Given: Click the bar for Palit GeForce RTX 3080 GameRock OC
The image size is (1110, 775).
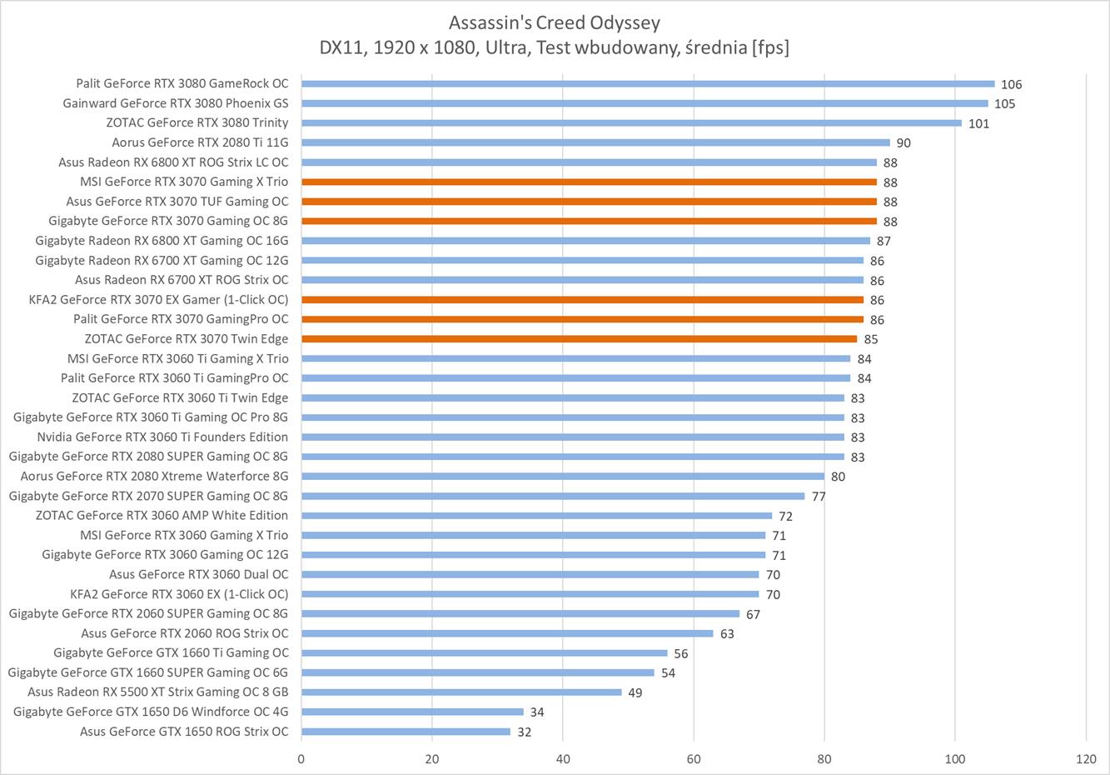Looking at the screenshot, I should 648,83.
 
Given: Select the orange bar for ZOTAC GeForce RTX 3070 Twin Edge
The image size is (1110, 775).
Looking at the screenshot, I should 579,339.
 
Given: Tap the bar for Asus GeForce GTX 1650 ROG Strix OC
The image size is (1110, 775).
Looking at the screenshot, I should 406,732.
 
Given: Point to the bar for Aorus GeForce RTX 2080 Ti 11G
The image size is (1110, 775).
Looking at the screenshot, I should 595,142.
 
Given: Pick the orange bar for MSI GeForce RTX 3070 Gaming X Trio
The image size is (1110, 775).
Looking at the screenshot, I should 589,182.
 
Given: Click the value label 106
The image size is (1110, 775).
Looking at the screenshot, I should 1011,84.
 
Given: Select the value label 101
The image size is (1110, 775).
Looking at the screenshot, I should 978,123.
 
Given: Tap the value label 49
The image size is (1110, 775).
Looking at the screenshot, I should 635,692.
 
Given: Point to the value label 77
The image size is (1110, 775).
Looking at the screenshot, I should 819,496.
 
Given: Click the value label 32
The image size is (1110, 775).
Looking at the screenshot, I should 524,732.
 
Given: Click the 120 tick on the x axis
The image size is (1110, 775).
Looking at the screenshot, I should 1086,759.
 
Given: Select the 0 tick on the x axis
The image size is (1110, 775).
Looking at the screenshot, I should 301,759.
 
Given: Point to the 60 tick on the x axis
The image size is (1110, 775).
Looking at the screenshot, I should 694,759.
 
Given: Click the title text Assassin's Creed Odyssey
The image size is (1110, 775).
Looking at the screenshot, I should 554,22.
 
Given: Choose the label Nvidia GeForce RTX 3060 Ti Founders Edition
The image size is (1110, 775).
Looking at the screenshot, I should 162,437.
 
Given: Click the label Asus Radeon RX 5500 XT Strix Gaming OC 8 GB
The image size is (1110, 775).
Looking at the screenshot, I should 158,692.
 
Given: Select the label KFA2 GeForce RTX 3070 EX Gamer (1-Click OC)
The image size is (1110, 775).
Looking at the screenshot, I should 158,299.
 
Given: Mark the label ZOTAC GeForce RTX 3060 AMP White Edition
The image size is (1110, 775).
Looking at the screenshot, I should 162,515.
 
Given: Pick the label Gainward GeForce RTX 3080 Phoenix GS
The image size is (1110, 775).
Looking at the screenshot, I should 176,103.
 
